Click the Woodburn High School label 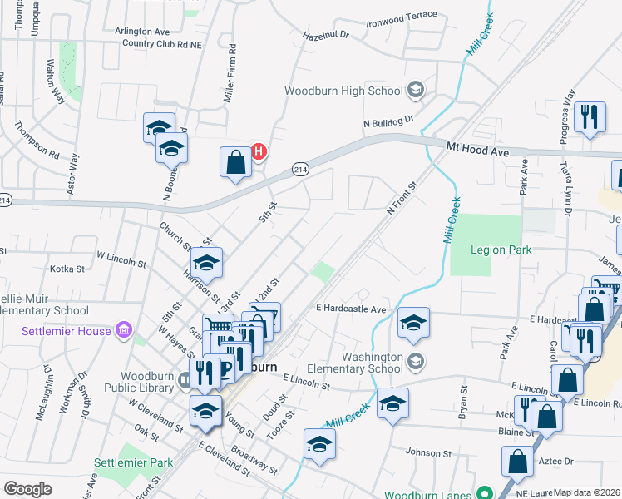pos(344,91)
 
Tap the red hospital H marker pos(259,151)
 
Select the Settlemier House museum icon pos(125,331)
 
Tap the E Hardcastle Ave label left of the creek pos(351,309)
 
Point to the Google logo pos(27,489)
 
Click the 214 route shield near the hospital pos(301,170)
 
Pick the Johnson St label pos(428,453)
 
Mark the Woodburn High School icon pos(416,90)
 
